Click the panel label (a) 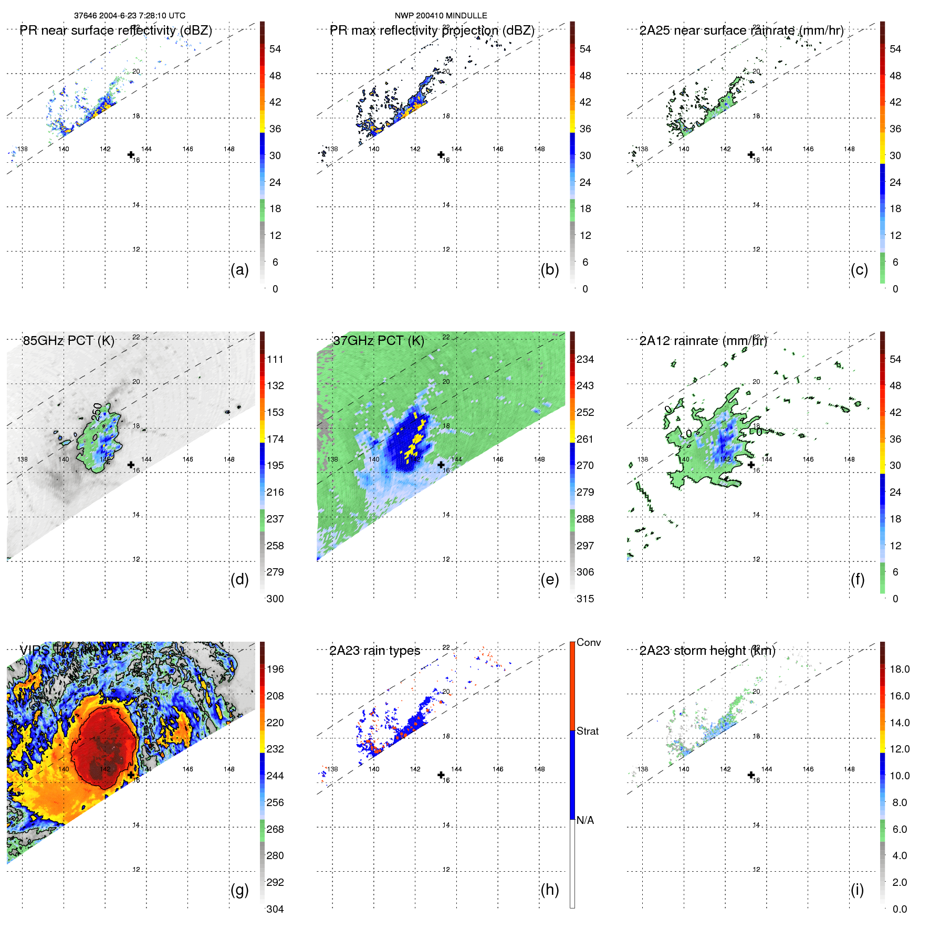point(239,269)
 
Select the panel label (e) point(549,579)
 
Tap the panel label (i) point(857,890)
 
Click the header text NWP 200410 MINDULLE point(441,16)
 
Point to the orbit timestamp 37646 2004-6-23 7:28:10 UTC point(129,16)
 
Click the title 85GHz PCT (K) point(68,340)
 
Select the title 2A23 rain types point(374,651)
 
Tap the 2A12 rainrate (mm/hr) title point(703,340)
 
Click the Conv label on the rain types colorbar point(588,642)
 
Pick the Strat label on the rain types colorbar point(587,731)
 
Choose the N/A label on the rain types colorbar point(585,820)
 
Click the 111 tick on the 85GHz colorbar point(275,359)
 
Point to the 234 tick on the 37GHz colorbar point(585,359)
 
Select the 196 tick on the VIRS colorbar point(275,669)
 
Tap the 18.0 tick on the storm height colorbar point(899,669)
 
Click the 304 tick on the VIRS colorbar point(275,909)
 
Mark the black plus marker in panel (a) point(131,154)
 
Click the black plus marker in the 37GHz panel point(441,465)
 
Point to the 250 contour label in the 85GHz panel point(97,412)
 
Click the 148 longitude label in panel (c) point(849,149)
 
